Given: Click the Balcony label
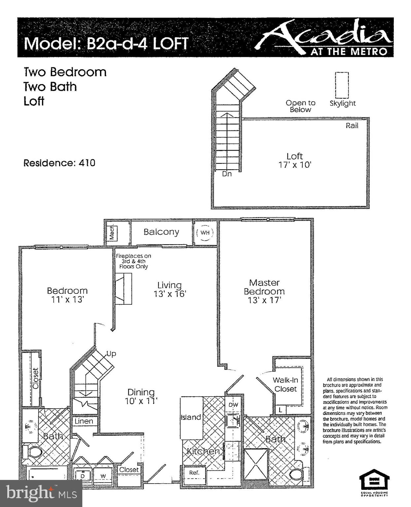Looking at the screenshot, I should pos(161,232).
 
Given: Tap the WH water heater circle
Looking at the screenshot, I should pos(205,233).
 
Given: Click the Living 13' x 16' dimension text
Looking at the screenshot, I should pos(170,293).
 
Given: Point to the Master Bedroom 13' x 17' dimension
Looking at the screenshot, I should pos(264,300).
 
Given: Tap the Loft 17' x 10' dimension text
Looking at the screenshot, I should pos(294,164).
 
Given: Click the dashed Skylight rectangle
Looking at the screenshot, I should pos(342,85).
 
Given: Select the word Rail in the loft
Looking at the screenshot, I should pos(352,125).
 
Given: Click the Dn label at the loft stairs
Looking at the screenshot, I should pos(227,174).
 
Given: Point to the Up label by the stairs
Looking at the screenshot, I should pos(111,354).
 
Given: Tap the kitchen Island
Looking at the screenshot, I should pos(191,418).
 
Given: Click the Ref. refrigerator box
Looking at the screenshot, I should pos(194,473).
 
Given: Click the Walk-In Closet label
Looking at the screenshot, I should pos(286,385).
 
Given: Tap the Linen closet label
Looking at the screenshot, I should pos(84,421).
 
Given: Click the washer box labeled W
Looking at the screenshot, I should pos(103,476).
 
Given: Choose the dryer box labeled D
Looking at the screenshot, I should pos(83,476).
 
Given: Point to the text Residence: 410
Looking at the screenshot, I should pos(59,163).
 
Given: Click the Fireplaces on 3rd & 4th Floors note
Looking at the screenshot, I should pos(133,261).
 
